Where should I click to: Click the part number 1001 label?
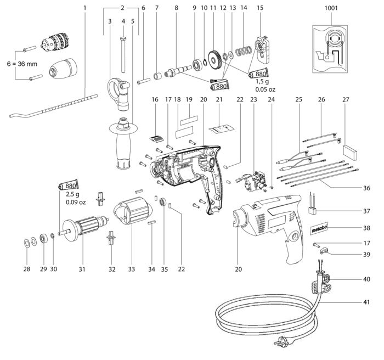click(x=331, y=8)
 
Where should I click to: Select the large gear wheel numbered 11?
click(x=215, y=59)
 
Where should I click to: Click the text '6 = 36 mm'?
click(x=22, y=64)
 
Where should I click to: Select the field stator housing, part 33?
click(x=133, y=211)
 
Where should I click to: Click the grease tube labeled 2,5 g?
click(x=69, y=185)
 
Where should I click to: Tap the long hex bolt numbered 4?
click(x=123, y=55)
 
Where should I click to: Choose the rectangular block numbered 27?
click(x=350, y=153)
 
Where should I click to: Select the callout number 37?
click(x=366, y=211)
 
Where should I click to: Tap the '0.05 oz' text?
click(x=265, y=89)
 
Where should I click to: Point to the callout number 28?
click(x=27, y=269)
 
